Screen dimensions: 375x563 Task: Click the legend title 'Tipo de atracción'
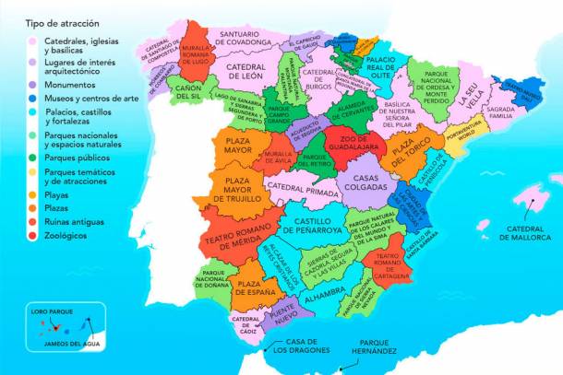62,21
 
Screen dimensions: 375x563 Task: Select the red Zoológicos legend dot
33,237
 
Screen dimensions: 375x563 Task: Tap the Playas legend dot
33,194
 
